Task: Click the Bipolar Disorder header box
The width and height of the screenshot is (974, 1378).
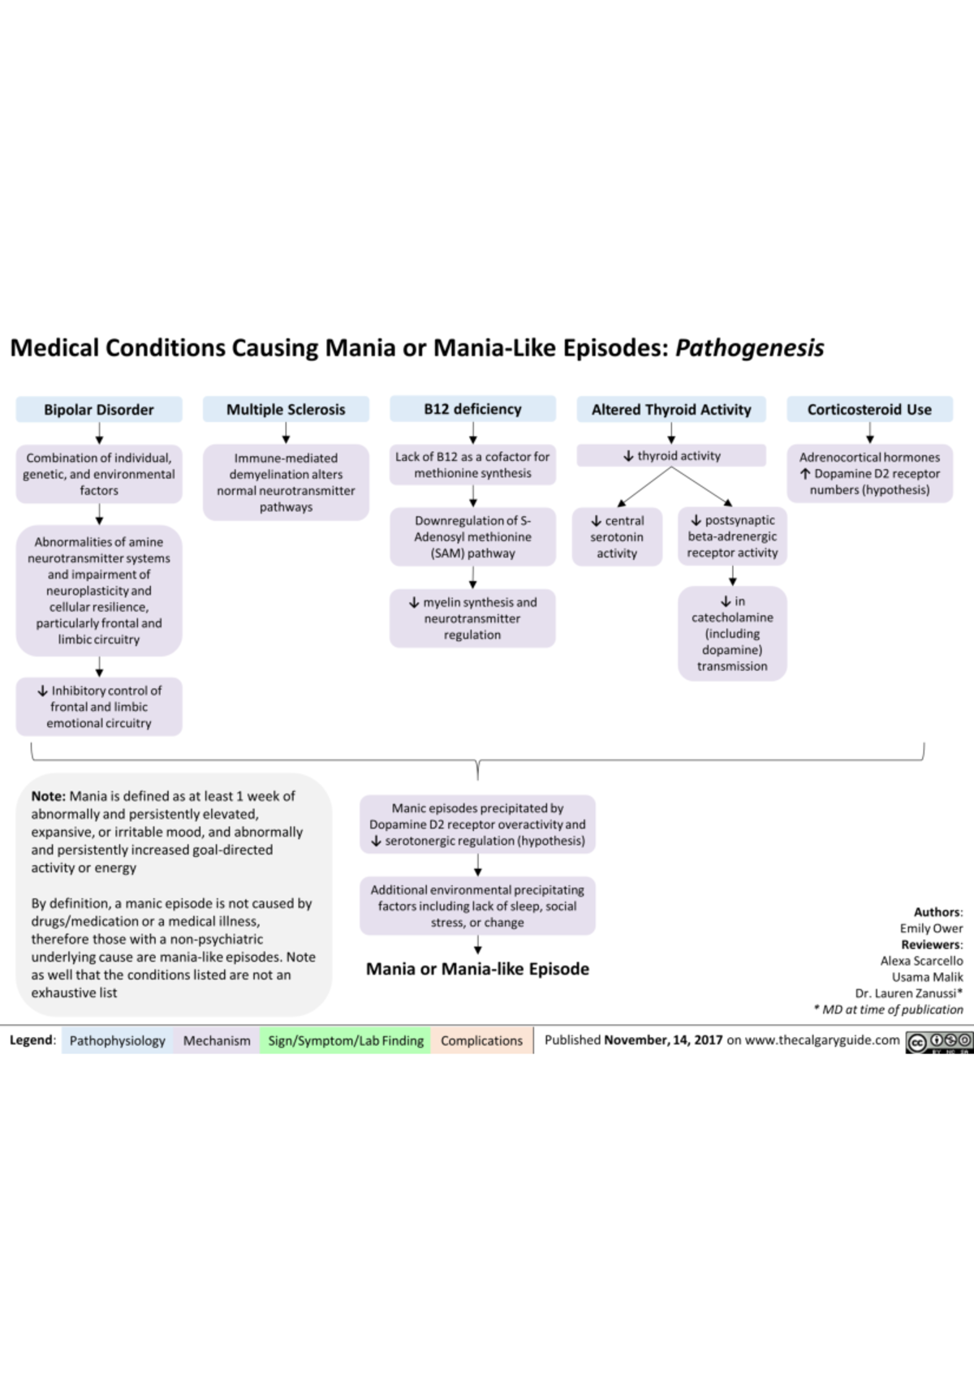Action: point(99,409)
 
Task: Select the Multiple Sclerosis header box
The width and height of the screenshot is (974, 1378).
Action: point(286,409)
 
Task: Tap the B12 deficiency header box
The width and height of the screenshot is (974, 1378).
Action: point(472,408)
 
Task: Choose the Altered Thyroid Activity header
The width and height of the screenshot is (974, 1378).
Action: point(671,409)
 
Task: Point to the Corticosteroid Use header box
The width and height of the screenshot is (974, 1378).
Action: point(870,409)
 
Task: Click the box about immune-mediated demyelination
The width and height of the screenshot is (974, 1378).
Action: point(286,482)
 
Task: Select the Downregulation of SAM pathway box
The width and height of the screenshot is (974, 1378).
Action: point(472,536)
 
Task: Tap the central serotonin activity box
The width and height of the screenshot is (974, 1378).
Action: point(617,536)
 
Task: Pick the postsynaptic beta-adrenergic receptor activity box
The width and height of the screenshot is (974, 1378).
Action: point(732,536)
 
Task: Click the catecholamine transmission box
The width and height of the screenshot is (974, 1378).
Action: point(732,633)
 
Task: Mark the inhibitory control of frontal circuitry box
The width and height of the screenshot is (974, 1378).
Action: point(99,706)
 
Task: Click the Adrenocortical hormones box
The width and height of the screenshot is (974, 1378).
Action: point(870,473)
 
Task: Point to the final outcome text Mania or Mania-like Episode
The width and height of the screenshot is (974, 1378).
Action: point(477,969)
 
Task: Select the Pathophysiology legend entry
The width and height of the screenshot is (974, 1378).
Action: point(118,1040)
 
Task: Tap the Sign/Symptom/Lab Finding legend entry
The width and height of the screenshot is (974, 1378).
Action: point(346,1040)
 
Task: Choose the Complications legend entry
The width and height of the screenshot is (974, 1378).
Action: point(482,1040)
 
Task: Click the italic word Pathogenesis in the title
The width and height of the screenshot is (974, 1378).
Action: point(749,348)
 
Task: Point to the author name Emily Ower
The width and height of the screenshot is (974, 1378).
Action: point(932,928)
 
